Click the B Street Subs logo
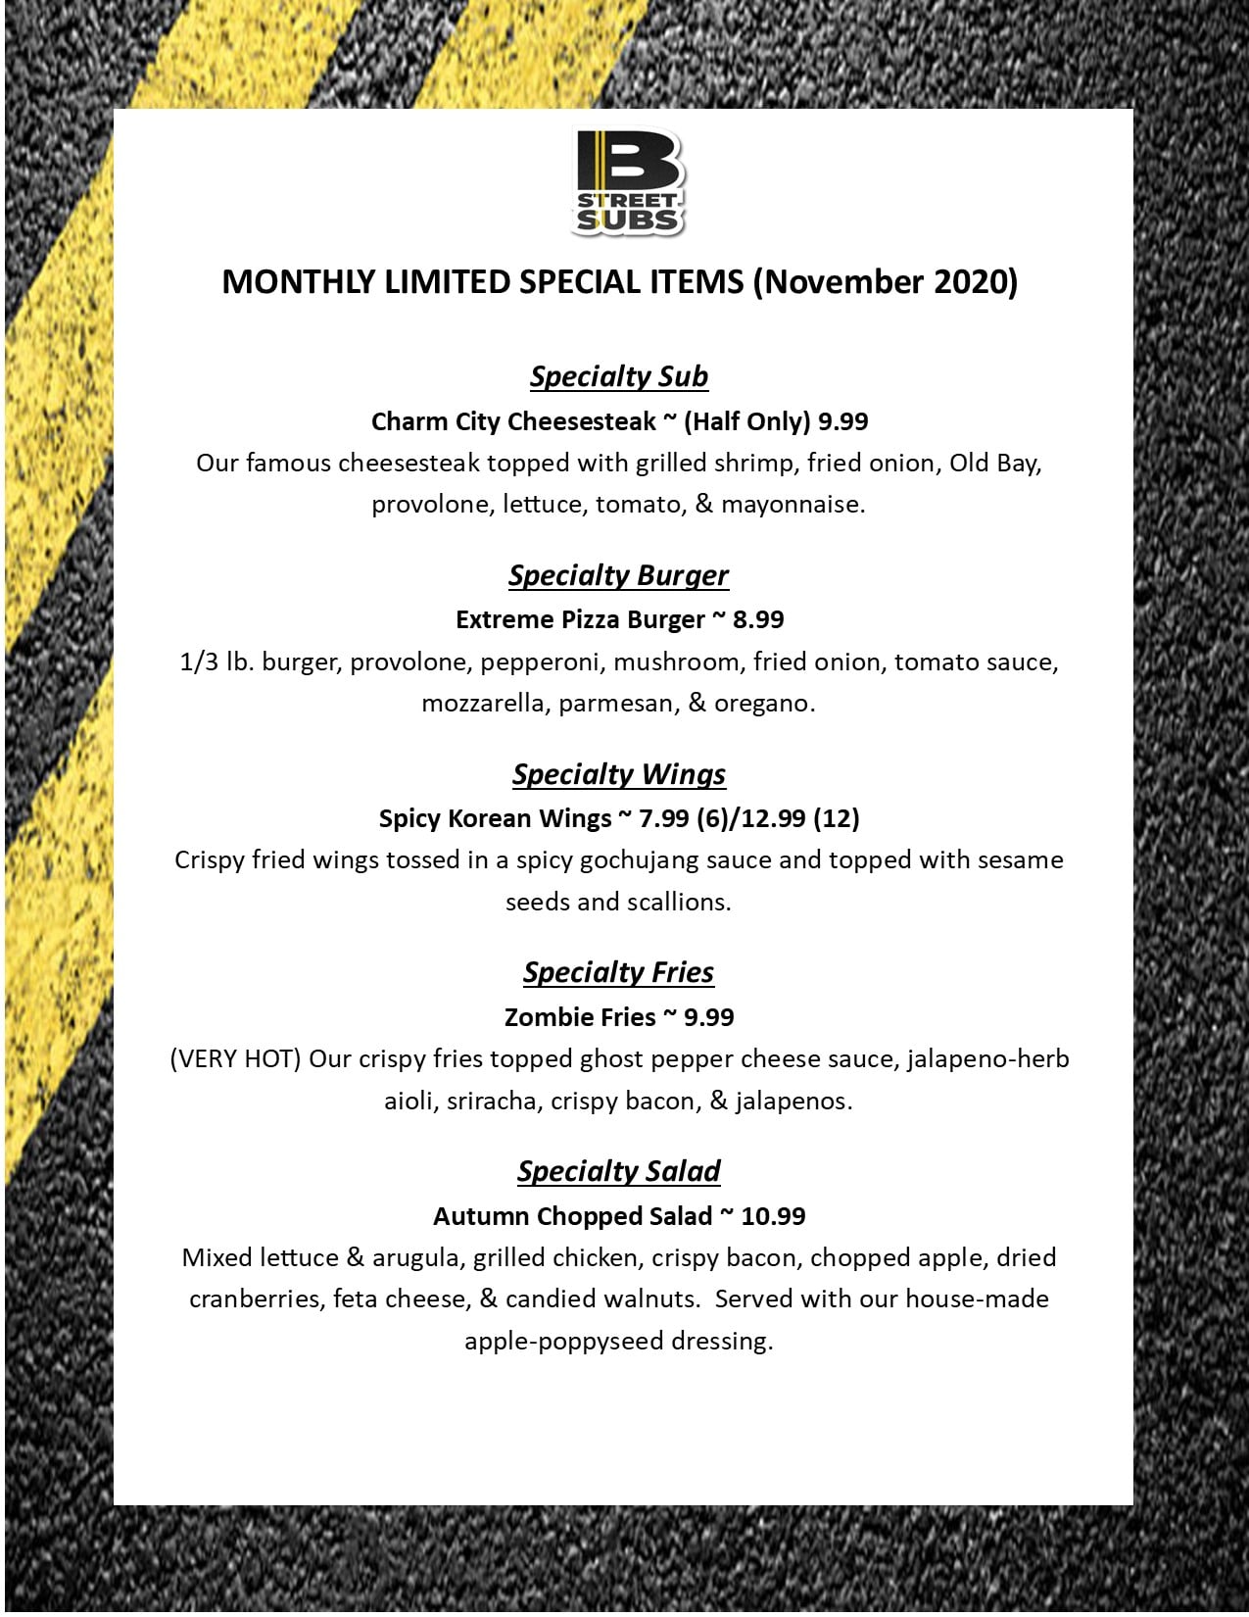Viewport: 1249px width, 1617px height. pos(628,183)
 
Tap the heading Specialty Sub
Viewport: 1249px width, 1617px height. pos(619,376)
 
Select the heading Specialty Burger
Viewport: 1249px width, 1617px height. pos(618,575)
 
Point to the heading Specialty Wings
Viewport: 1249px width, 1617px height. pos(619,774)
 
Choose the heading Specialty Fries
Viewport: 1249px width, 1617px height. pos(618,972)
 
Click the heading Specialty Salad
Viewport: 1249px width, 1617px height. pos(619,1171)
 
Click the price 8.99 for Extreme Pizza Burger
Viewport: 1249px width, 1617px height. pos(758,619)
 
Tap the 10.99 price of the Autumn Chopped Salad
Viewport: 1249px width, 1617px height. pos(773,1216)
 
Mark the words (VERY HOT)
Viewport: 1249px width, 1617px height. pos(235,1059)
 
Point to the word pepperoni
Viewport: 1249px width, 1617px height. pos(540,662)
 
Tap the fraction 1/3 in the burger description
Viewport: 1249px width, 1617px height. pos(199,662)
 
